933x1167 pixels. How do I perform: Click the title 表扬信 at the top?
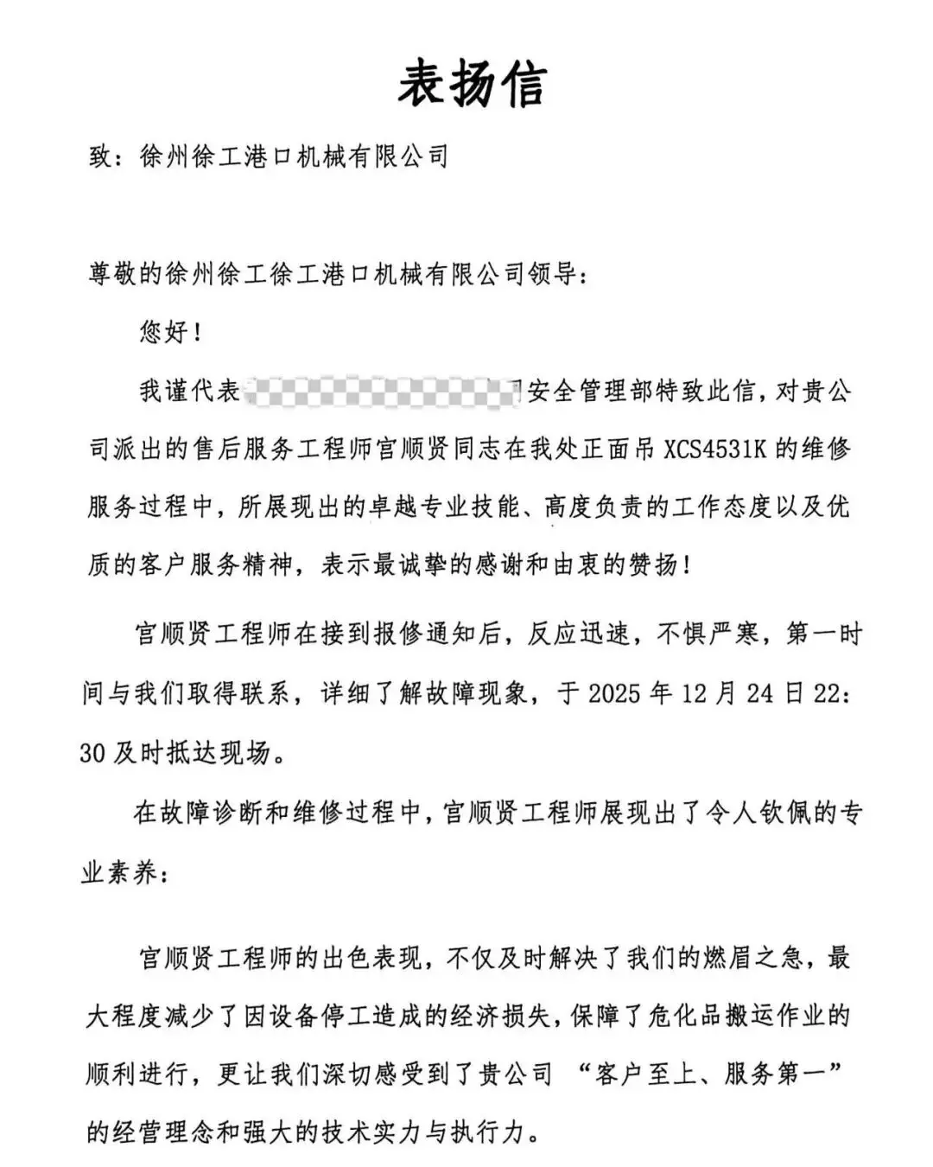pyautogui.click(x=472, y=85)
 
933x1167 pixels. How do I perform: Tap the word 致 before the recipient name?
pyautogui.click(x=101, y=157)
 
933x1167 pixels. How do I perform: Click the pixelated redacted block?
pyautogui.click(x=380, y=392)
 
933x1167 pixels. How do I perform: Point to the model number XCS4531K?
pyautogui.click(x=715, y=450)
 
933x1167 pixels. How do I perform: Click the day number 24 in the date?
pyautogui.click(x=760, y=693)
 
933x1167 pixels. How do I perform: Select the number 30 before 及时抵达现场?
pyautogui.click(x=92, y=753)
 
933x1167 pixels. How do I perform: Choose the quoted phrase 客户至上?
pyautogui.click(x=644, y=1075)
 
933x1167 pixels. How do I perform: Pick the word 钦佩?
pyautogui.click(x=785, y=813)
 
